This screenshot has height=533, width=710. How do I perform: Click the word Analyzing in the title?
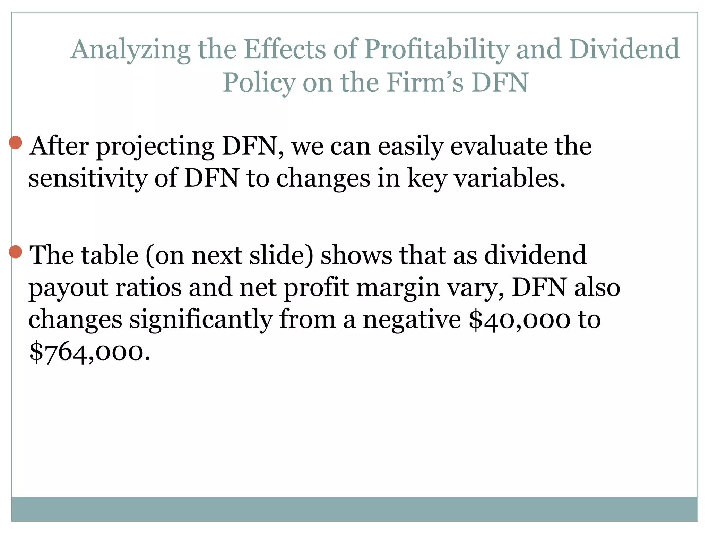[130, 50]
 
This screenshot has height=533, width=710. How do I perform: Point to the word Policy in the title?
[259, 83]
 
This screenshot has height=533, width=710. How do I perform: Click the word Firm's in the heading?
[425, 82]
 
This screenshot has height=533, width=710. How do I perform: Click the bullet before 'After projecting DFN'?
[16, 142]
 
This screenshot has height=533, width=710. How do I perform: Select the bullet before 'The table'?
[16, 252]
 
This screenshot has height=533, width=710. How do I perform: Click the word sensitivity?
[88, 178]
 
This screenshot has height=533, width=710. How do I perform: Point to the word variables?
[510, 178]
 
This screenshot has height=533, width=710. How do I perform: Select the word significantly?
[201, 320]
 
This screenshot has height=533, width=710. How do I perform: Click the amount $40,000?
[519, 320]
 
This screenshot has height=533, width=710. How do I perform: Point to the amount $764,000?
[90, 352]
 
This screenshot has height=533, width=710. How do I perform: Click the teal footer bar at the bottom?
[354, 508]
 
